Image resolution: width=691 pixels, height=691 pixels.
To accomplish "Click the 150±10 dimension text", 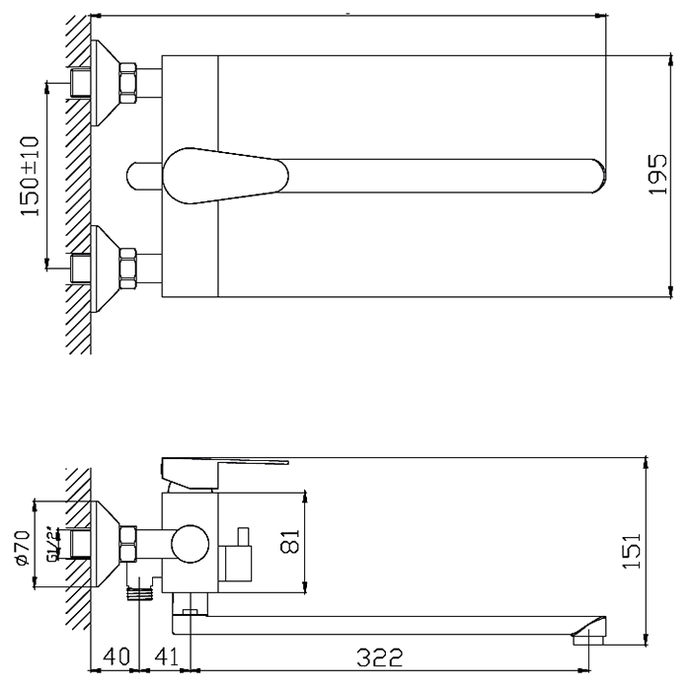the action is click(31, 177).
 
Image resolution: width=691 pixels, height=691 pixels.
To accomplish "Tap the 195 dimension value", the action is click(658, 174).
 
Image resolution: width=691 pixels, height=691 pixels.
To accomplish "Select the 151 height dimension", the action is click(632, 551).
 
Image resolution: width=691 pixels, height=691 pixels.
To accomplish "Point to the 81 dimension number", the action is click(290, 541).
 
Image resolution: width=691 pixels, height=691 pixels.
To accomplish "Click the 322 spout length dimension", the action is click(379, 657).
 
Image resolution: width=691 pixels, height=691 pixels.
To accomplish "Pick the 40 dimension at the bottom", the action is click(116, 656).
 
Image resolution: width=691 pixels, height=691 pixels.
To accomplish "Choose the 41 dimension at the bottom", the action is click(166, 656).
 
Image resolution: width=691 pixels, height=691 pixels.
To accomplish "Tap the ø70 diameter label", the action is click(23, 548).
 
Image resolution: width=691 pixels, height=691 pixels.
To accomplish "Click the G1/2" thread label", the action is click(52, 544).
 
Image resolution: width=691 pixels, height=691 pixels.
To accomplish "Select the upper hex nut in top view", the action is click(127, 83).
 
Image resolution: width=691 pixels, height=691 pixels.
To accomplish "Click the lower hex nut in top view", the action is click(127, 269).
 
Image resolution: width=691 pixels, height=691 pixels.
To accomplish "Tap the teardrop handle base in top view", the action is click(226, 176).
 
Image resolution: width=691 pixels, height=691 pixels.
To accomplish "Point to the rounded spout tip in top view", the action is click(597, 176).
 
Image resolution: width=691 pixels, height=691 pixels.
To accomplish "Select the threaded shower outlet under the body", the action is click(139, 593).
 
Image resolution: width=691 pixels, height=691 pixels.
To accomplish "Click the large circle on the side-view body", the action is click(190, 543).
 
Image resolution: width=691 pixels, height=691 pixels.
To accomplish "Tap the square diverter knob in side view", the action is click(239, 563).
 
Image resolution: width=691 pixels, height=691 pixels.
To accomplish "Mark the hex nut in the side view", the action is click(127, 544).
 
